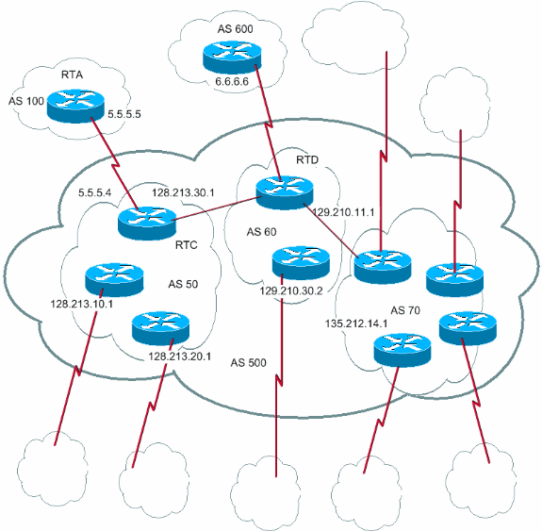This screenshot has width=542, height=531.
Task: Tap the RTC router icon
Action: coord(147,223)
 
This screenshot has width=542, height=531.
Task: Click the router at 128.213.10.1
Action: coord(111,278)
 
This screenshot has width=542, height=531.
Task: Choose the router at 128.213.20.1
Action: coord(161,328)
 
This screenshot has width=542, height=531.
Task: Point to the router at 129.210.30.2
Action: coord(301,261)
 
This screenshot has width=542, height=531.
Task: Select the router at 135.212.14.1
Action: coord(402,349)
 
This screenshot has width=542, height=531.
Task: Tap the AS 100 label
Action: coord(26,101)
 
